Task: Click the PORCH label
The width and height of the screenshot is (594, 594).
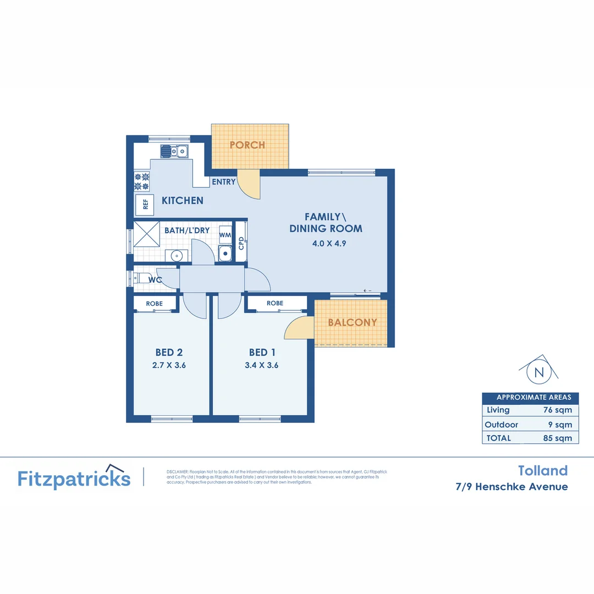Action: tap(247, 145)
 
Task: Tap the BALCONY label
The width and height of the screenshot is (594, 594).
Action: tap(353, 323)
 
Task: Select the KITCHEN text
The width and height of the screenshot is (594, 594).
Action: tap(182, 201)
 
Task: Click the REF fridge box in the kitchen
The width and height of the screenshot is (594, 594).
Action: tap(145, 205)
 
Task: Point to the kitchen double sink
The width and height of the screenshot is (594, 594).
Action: tap(175, 151)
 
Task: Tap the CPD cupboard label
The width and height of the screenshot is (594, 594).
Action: tap(241, 243)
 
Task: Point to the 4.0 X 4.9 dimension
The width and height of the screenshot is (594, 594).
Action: tap(326, 243)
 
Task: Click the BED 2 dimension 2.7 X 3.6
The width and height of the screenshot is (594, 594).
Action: tap(168, 365)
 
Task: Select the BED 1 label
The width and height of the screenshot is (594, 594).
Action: tap(262, 353)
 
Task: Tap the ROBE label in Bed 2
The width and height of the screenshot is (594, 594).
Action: tap(154, 304)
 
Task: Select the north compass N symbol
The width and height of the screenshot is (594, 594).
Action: tap(539, 372)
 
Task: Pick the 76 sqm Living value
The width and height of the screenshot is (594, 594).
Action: tap(558, 410)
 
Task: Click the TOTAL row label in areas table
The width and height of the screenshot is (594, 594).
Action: tap(499, 438)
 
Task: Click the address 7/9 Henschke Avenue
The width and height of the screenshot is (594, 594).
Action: tap(512, 487)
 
